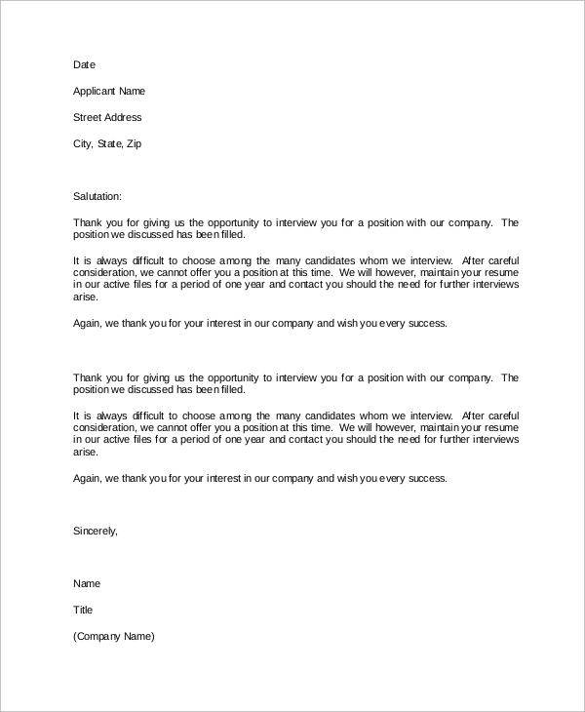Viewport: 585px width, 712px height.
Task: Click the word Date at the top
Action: click(85, 64)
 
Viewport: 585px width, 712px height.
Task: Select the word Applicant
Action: click(95, 92)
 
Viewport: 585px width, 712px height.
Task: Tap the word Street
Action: click(88, 117)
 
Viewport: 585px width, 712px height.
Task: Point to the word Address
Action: click(124, 117)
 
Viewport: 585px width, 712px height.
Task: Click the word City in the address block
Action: click(82, 143)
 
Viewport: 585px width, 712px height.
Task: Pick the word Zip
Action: click(134, 143)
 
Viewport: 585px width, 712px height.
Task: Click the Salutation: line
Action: click(97, 196)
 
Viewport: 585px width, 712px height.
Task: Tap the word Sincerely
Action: click(95, 531)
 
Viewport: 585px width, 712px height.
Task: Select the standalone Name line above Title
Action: click(87, 583)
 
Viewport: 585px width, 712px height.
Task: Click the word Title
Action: click(83, 610)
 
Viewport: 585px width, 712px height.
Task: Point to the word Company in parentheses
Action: click(101, 636)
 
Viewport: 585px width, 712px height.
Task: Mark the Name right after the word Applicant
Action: click(132, 92)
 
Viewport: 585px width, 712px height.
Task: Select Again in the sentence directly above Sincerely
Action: click(88, 478)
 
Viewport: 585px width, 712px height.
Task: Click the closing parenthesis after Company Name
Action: click(153, 636)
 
